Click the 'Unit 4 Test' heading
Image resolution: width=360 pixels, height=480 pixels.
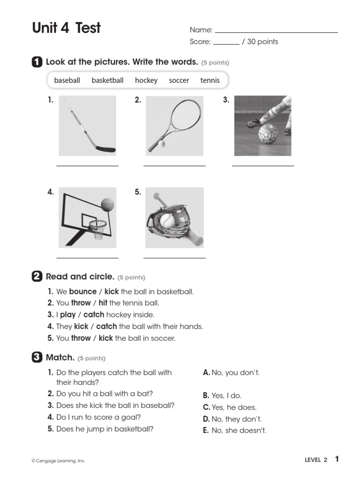pos(66,28)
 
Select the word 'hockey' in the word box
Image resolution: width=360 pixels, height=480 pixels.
pos(146,81)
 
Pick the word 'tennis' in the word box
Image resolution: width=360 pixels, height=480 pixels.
pos(210,81)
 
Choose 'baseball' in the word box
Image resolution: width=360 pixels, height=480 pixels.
pos(67,81)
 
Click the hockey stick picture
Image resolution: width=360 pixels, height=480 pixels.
pos(87,126)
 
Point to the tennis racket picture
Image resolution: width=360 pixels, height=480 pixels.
pos(174,126)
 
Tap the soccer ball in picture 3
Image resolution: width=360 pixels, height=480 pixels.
pos(268,134)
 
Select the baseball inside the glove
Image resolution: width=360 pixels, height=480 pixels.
pos(166,220)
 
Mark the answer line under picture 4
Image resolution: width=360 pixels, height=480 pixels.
pos(87,257)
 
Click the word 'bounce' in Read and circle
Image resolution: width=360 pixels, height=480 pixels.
pos(82,292)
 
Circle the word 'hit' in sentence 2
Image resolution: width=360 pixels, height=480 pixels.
pos(103,303)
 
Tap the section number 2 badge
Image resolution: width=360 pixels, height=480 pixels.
pos(37,277)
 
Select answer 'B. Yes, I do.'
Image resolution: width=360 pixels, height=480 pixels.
pos(222,396)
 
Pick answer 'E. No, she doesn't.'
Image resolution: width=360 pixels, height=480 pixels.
pos(234,431)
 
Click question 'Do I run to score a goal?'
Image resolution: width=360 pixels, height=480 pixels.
pos(98,417)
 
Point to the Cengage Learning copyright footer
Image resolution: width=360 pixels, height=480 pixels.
pos(59,461)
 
